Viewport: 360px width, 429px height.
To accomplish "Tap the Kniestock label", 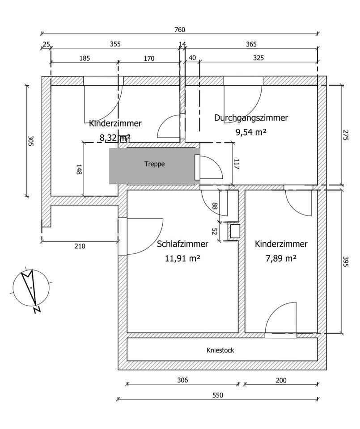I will (x=220, y=350).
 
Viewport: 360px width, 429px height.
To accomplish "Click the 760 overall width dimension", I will (x=179, y=30).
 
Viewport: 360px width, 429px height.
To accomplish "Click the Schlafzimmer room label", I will (x=182, y=244).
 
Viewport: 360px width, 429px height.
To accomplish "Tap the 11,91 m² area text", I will (x=182, y=258).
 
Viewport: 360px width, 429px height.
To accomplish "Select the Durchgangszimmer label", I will (x=251, y=118).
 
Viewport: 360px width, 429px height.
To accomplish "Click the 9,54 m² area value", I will (x=251, y=132).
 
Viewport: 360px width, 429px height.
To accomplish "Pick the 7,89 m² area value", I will (x=281, y=258).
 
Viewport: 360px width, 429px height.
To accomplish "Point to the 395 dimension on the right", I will (x=345, y=261).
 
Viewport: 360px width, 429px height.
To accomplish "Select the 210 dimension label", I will (x=80, y=246).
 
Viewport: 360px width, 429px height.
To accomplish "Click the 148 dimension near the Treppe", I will (x=79, y=169).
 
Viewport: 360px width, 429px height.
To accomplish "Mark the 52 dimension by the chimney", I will (x=214, y=231).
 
